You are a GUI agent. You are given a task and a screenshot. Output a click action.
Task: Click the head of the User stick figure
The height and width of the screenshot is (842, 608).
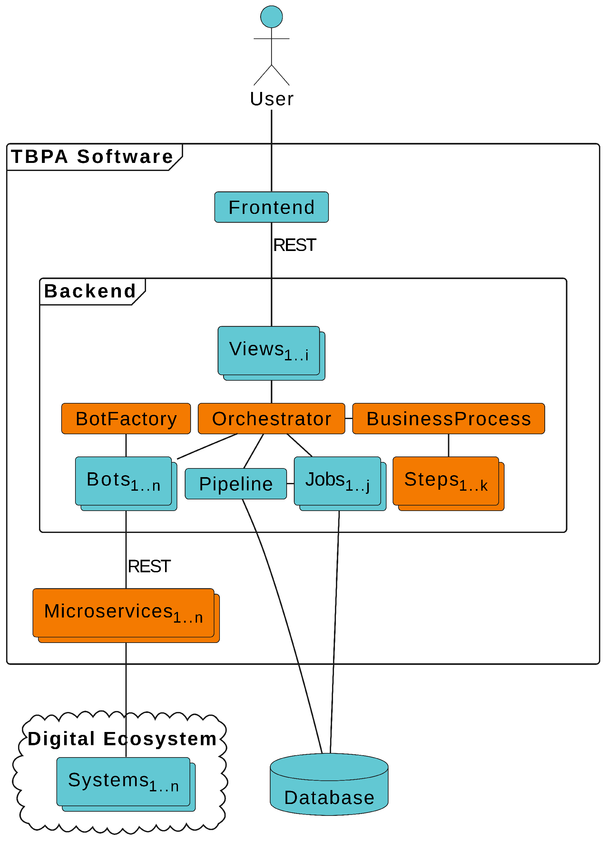[x=271, y=17]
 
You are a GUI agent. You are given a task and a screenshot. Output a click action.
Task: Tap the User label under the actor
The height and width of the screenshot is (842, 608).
[x=271, y=99]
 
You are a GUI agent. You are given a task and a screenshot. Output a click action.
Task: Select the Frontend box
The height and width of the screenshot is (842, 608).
[x=271, y=207]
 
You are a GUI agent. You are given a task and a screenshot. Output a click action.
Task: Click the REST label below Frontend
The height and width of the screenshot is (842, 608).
[x=295, y=246]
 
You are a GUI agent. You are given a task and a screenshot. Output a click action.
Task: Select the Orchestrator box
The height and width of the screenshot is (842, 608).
[x=271, y=419]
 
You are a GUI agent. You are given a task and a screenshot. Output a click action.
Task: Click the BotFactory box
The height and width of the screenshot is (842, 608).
[x=126, y=419]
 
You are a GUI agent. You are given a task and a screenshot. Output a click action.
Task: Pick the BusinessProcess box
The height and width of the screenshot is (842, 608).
[x=448, y=419]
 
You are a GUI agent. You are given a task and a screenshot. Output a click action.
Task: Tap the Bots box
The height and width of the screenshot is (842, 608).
[x=123, y=481]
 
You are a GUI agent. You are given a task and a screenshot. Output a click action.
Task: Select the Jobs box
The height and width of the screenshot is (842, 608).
[x=338, y=481]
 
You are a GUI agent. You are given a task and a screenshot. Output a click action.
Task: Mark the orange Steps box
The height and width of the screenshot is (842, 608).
[x=446, y=481]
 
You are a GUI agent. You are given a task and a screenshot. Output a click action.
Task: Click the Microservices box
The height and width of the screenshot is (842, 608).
[x=123, y=613]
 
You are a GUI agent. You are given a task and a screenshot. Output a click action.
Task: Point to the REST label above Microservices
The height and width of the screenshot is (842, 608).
[x=149, y=566]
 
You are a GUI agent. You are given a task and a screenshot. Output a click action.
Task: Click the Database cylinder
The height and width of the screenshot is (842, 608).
[x=329, y=787]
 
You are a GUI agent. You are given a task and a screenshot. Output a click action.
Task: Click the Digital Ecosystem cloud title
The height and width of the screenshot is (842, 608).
[x=122, y=739]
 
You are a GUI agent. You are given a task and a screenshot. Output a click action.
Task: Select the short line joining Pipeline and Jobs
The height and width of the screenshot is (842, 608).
[x=290, y=484]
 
